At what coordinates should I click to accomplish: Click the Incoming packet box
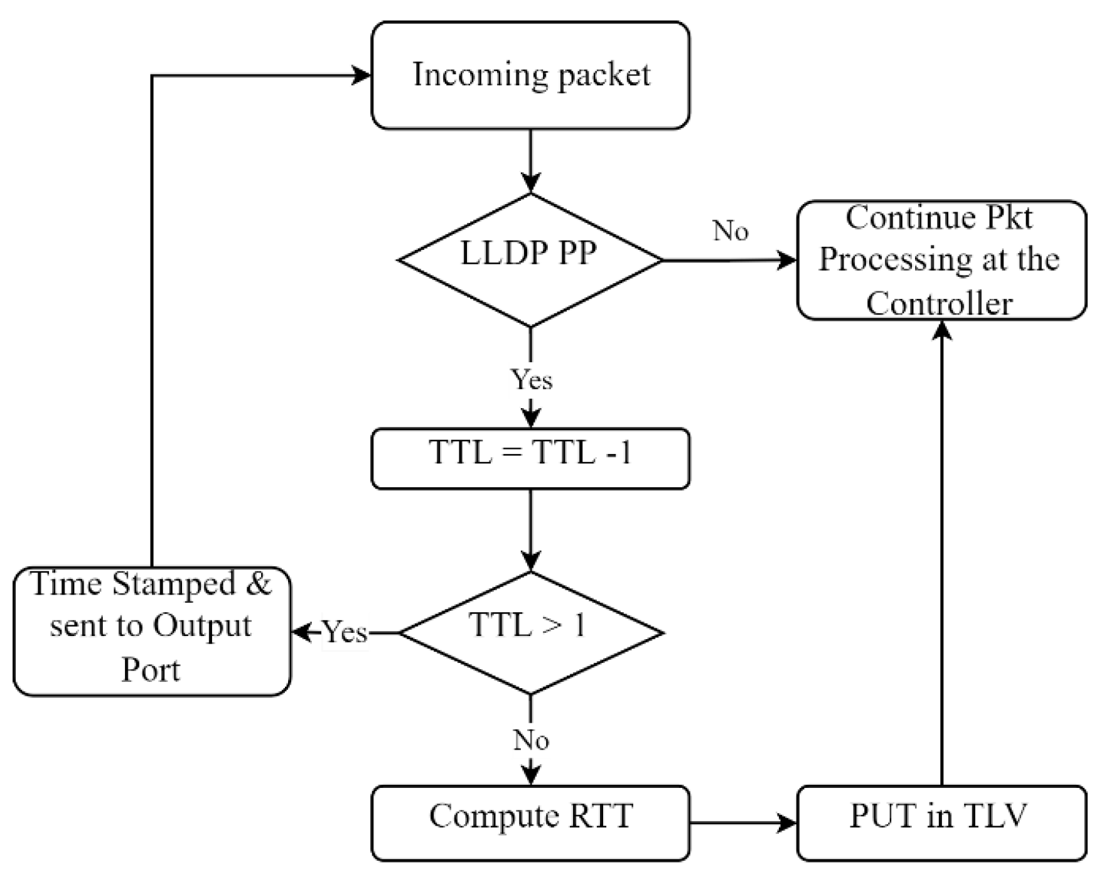click(x=530, y=75)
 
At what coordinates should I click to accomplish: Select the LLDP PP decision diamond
click(x=530, y=260)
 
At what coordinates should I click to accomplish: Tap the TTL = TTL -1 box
click(x=530, y=458)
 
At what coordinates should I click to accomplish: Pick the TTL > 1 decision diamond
click(x=530, y=632)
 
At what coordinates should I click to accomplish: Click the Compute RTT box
click(x=530, y=822)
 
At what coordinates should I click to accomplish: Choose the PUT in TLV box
click(x=941, y=822)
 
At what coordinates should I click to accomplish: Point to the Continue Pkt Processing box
click(x=941, y=260)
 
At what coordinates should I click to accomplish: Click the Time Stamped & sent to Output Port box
click(x=151, y=631)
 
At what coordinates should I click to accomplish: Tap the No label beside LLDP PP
click(x=731, y=231)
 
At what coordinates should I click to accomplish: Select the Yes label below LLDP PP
click(x=532, y=379)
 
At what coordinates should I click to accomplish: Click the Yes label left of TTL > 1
click(x=345, y=632)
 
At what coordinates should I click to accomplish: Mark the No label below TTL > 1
click(x=531, y=740)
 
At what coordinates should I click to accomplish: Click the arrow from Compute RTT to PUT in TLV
click(x=741, y=822)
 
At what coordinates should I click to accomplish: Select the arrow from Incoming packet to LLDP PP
click(x=531, y=160)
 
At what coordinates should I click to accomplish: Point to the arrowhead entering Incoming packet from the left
click(x=362, y=76)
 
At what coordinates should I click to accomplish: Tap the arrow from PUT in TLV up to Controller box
click(x=941, y=552)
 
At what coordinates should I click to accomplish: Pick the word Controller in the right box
click(x=939, y=303)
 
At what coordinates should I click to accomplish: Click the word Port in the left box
click(x=151, y=669)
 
